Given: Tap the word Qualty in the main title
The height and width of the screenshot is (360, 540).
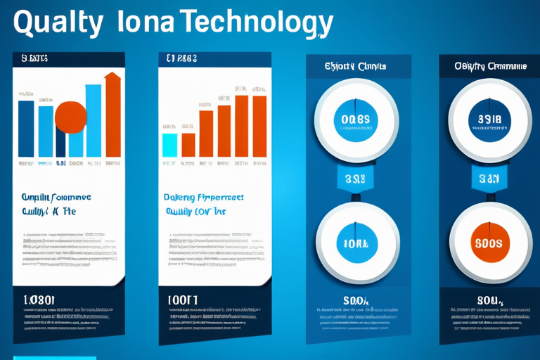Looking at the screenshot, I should point(57,23).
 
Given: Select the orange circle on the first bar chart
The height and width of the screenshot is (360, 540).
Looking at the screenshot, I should point(70,116).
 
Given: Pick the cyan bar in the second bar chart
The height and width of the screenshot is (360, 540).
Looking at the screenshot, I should point(169,145).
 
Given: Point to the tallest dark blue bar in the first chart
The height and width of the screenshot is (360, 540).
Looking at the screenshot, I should point(26,128).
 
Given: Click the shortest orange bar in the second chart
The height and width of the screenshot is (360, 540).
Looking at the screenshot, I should point(188,145).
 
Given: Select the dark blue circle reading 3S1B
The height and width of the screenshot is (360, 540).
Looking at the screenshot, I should point(489,120).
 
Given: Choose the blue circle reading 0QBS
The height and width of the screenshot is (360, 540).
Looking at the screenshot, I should point(354,120).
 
